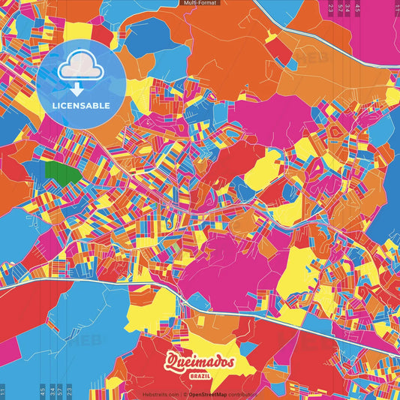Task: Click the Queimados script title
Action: pos(200,362)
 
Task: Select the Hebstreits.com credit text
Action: pos(157,394)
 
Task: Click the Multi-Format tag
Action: pos(200,3)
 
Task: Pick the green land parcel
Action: pos(63,173)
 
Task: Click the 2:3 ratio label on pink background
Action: pos(331,9)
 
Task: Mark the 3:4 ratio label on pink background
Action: pos(347,9)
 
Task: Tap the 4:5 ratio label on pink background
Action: pos(358,9)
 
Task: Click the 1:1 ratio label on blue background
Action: pos(3,390)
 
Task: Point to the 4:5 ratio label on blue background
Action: pos(42,390)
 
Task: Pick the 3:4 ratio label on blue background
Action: pos(52,390)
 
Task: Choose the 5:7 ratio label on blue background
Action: pos(59,390)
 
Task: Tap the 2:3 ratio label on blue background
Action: pos(68,390)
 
